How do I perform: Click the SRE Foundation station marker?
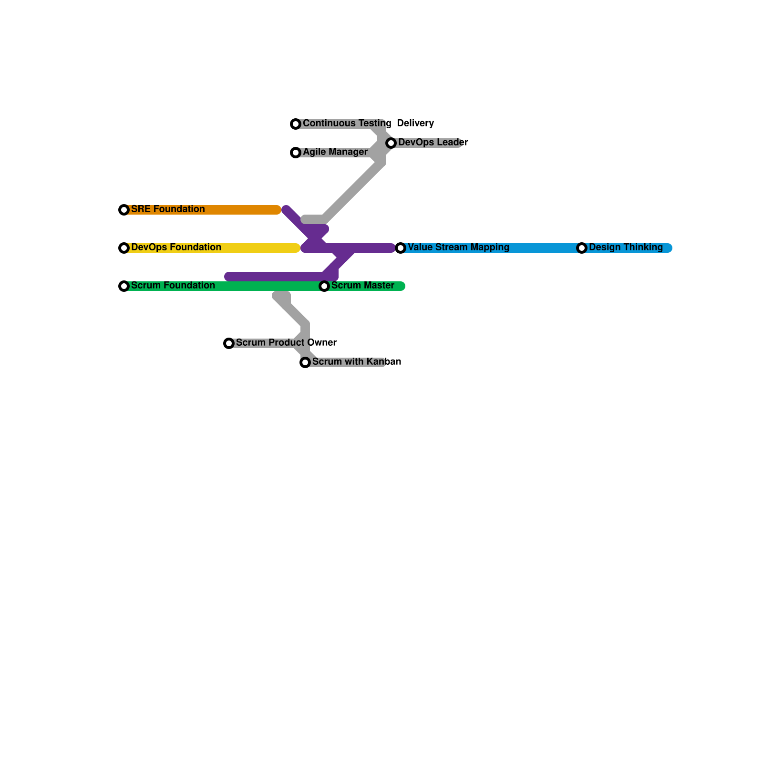[x=124, y=210]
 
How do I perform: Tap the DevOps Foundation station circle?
[x=124, y=248]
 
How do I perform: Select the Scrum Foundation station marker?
[x=124, y=286]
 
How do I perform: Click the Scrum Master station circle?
[x=324, y=286]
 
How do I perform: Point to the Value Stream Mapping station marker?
[x=401, y=248]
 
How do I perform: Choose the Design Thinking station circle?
[x=582, y=248]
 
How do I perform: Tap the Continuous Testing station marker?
[x=296, y=124]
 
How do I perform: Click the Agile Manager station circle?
[x=296, y=153]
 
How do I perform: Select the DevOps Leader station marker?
[x=391, y=143]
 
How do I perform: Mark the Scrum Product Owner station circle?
[x=229, y=343]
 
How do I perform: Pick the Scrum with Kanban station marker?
[x=305, y=362]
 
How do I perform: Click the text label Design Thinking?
[x=626, y=247]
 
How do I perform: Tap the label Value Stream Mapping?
[x=458, y=247]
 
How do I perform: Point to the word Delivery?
[x=415, y=123]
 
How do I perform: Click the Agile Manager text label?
[x=335, y=152]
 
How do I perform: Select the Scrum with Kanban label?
[x=356, y=361]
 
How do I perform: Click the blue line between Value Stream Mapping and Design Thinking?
[x=544, y=248]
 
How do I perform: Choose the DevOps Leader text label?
[x=433, y=142]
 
